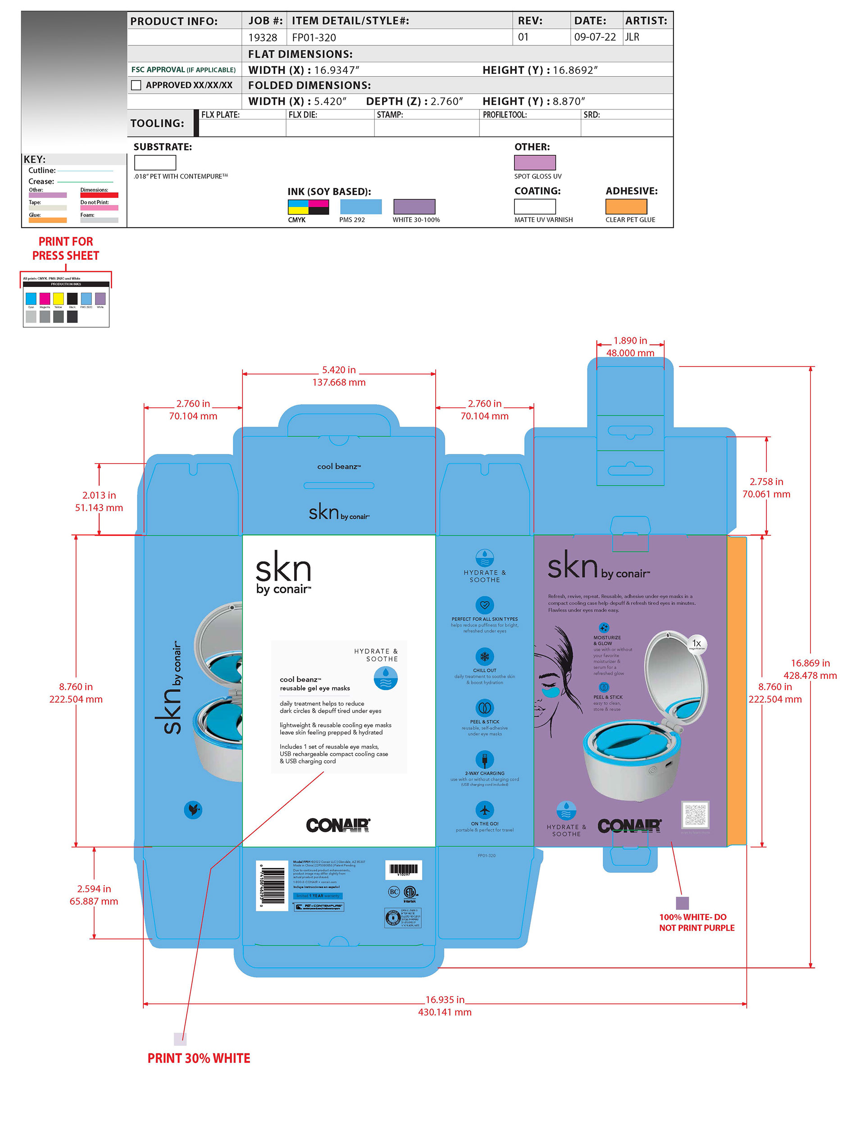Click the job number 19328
263,37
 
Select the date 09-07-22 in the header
594,37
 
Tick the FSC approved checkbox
137,86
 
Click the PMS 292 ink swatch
361,206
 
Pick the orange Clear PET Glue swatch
626,206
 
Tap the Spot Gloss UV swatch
535,163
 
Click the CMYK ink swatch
308,206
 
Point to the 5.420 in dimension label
339,370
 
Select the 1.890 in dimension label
630,341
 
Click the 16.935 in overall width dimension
445,1000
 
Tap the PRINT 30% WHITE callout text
199,1058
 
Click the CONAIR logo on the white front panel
338,825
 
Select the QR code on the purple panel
695,814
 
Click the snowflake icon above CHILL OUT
484,657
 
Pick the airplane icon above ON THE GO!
484,810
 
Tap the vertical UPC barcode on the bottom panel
272,885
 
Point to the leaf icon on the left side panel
193,810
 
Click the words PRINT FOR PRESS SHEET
66,249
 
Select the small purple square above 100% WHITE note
682,903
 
